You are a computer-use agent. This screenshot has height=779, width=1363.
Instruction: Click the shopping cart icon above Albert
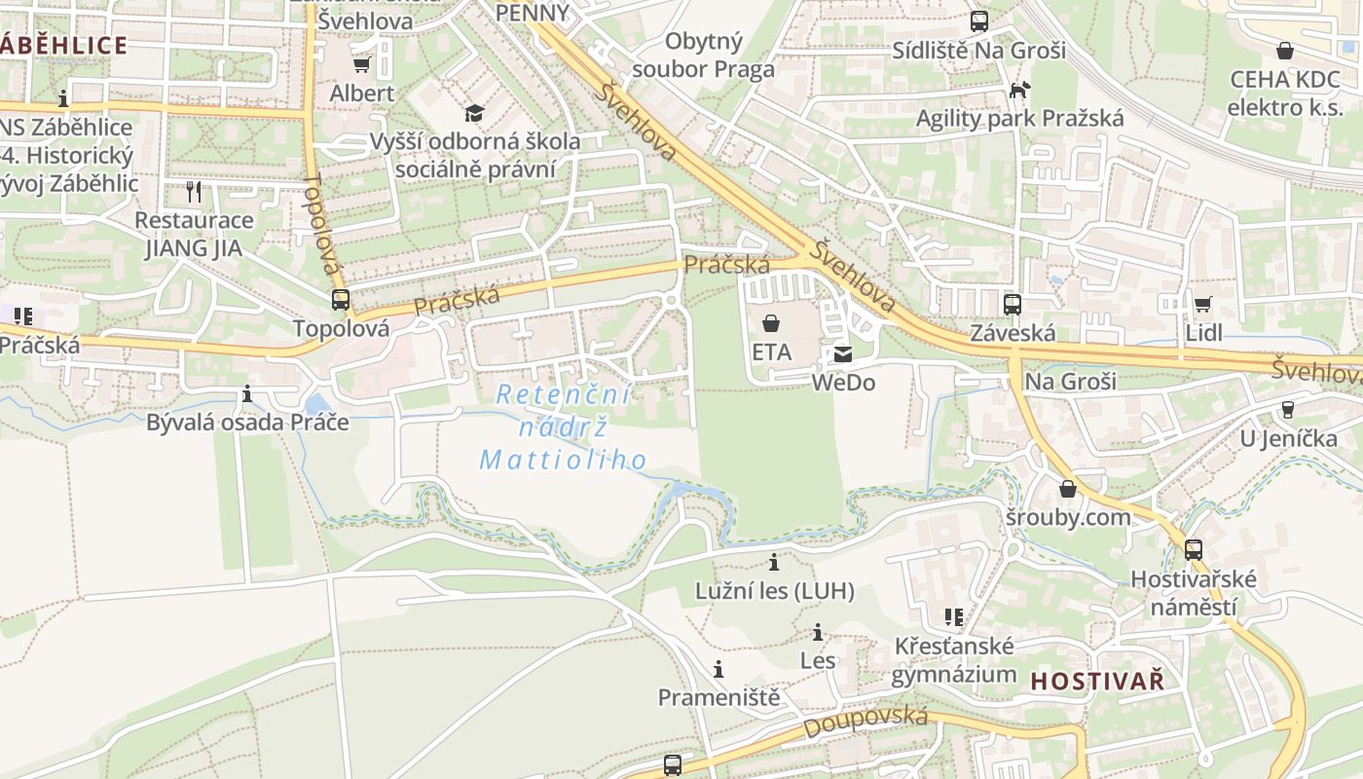[x=361, y=64]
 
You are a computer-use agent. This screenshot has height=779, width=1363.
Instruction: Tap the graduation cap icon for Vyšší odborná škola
[x=474, y=113]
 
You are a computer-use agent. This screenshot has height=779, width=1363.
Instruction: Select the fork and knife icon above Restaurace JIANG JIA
[x=194, y=191]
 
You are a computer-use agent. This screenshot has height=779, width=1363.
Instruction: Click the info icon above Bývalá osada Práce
[x=247, y=394]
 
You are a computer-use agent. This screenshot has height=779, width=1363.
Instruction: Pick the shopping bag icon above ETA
[x=771, y=322]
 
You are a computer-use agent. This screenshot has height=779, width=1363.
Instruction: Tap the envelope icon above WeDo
[x=842, y=354]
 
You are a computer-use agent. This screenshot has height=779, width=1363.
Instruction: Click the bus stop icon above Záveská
[x=1013, y=304]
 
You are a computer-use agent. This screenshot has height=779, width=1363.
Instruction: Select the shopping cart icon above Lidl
[x=1203, y=304]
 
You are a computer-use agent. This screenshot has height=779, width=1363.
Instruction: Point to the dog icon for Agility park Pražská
[x=1019, y=91]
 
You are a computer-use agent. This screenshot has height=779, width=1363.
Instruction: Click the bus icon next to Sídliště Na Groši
[x=979, y=20]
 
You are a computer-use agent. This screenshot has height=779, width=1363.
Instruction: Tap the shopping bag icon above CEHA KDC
[x=1284, y=51]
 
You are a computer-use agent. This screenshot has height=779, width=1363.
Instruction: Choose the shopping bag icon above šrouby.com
[x=1068, y=489]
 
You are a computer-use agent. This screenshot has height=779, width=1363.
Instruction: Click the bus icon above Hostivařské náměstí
[x=1194, y=550]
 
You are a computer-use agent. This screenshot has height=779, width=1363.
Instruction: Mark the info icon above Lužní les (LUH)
[x=774, y=562]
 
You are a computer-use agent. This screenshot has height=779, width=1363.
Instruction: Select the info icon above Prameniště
[x=718, y=669]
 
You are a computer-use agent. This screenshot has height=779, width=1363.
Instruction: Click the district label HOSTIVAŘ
[x=1097, y=681]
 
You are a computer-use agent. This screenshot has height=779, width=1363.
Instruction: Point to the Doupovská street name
[x=865, y=722]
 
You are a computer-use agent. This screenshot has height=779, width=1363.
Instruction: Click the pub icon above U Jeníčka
[x=1288, y=410]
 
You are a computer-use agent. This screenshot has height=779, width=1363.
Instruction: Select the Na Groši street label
[x=1070, y=381]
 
